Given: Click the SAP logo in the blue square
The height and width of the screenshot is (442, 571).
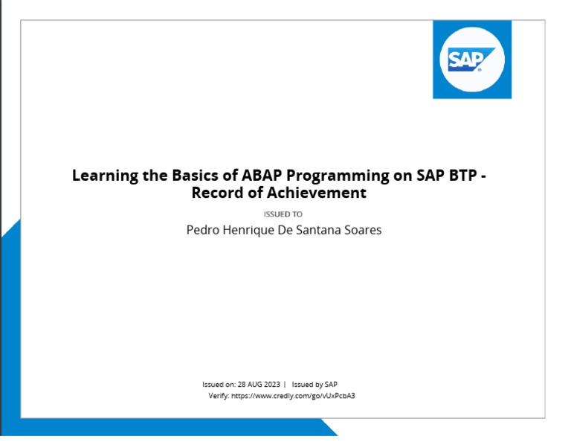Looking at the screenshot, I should point(471,60).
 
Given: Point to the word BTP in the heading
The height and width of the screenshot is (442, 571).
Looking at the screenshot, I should point(457,176).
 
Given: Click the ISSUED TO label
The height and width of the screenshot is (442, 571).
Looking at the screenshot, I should point(283,214).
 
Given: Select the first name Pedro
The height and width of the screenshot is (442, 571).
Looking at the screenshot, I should point(201,230).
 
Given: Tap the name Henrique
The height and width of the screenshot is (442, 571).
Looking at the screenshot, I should point(250,230).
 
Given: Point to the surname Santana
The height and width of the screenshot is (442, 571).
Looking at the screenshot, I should point(321,230).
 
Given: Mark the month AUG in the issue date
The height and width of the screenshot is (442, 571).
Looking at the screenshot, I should point(255,385).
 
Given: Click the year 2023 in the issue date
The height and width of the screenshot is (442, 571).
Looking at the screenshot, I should point(272,385).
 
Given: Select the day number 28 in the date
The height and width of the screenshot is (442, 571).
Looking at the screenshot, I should point(242,385).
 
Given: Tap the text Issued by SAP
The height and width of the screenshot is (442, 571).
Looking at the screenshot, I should point(314,385).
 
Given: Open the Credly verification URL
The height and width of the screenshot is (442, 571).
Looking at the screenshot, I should point(293,396).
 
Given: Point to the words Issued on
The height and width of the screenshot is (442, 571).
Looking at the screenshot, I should point(218,385).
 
